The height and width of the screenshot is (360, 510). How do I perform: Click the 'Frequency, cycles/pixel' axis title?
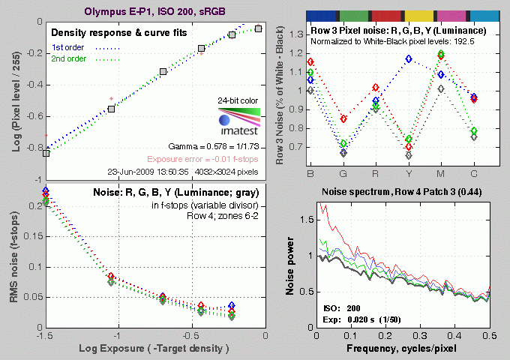[x=392, y=350]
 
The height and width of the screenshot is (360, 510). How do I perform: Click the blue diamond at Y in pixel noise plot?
[x=409, y=58]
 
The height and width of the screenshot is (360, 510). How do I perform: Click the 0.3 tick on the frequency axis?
[x=424, y=336]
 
